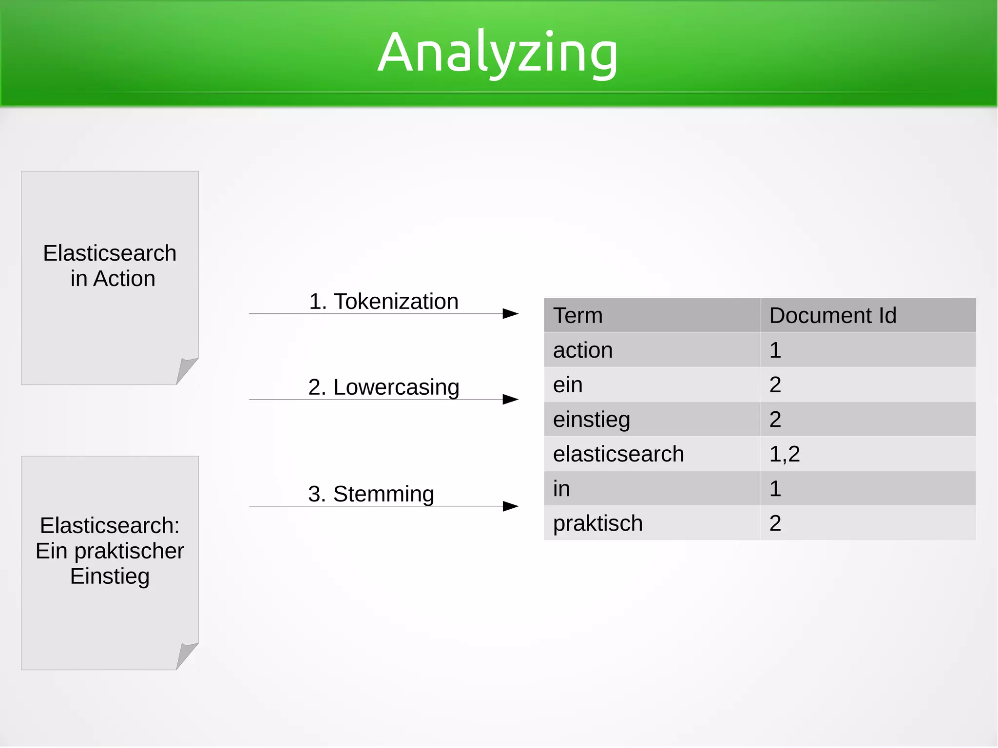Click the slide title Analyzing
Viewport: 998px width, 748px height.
[498, 53]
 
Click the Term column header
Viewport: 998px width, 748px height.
[577, 315]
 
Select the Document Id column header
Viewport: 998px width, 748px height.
[832, 315]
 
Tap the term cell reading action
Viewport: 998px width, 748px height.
[583, 350]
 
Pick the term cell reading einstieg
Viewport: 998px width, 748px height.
[591, 420]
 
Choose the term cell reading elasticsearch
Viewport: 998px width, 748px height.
[618, 454]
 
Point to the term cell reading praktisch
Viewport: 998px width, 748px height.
[597, 523]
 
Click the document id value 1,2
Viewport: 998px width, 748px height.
[784, 454]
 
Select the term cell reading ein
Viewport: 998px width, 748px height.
[568, 385]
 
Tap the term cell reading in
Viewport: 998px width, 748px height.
[561, 489]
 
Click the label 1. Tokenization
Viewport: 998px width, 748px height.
[384, 301]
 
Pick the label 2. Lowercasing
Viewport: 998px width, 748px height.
[384, 387]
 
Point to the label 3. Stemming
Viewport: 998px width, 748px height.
[371, 494]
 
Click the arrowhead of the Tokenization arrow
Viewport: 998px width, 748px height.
[510, 313]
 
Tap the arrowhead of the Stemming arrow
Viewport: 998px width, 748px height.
[510, 506]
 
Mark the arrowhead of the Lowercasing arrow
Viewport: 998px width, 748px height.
[510, 400]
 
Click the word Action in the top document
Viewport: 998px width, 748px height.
[124, 279]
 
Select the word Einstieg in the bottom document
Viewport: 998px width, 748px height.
[110, 576]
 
